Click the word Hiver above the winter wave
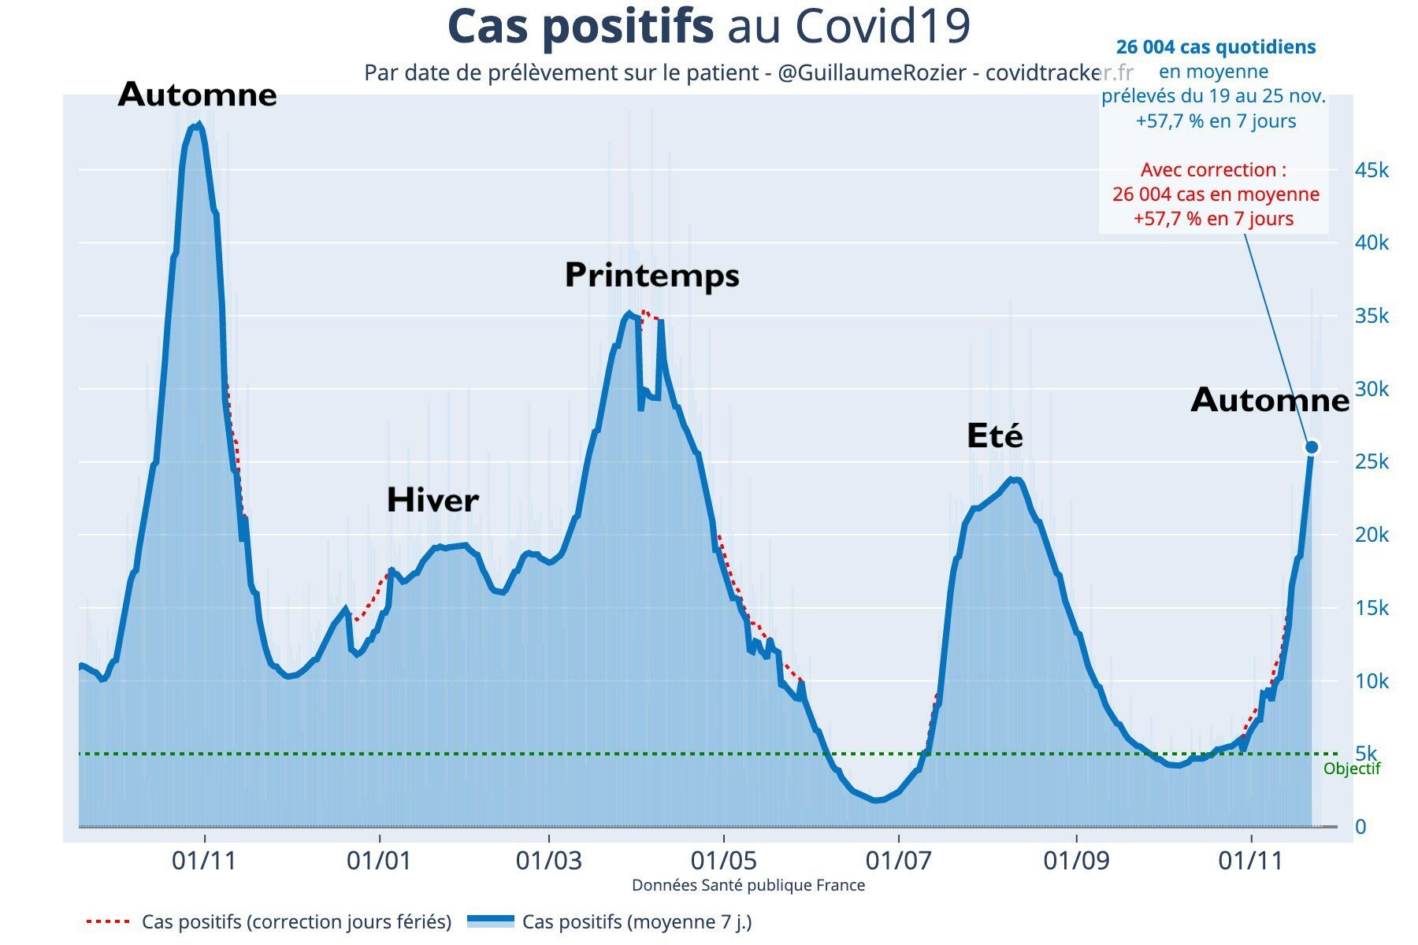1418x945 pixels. pyautogui.click(x=432, y=500)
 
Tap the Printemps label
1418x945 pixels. pyautogui.click(x=652, y=275)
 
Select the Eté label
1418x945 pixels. pyautogui.click(x=995, y=435)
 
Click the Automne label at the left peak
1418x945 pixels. pyautogui.click(x=197, y=95)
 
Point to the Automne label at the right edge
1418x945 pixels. pyautogui.click(x=1270, y=400)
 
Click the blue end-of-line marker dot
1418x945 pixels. pyautogui.click(x=1312, y=447)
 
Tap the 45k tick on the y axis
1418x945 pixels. pyautogui.click(x=1372, y=170)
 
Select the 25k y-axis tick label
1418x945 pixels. pyautogui.click(x=1372, y=461)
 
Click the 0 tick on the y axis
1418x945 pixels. pyautogui.click(x=1360, y=827)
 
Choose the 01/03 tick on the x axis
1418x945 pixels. pyautogui.click(x=549, y=861)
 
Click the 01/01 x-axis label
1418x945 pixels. pyautogui.click(x=379, y=861)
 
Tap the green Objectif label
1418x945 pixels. pyautogui.click(x=1352, y=769)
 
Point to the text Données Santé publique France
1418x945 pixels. pyautogui.click(x=748, y=885)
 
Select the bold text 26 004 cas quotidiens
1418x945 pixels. pyautogui.click(x=1216, y=47)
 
